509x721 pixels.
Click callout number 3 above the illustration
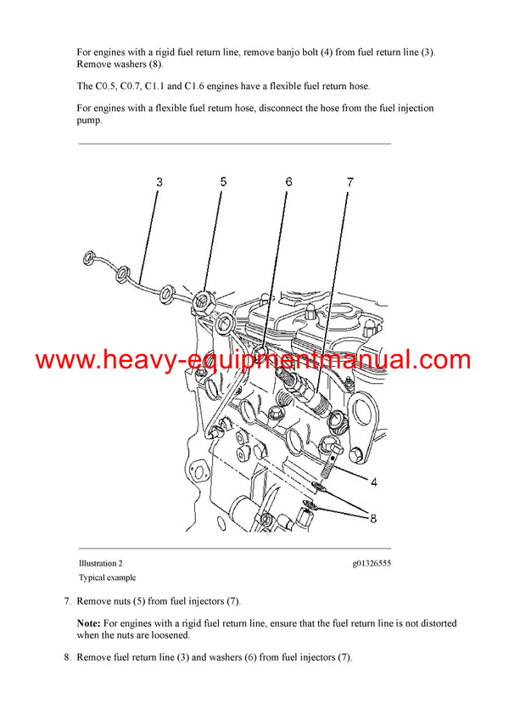pyautogui.click(x=159, y=182)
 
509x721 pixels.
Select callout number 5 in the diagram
pyautogui.click(x=224, y=182)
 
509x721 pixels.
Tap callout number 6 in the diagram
pyautogui.click(x=288, y=182)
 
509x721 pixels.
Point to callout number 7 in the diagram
pyautogui.click(x=349, y=182)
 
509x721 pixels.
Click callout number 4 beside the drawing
pyautogui.click(x=373, y=482)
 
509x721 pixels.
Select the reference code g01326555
pyautogui.click(x=372, y=563)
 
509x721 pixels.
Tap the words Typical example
pyautogui.click(x=107, y=577)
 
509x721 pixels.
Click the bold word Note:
pyautogui.click(x=90, y=623)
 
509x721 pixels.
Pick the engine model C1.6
pyautogui.click(x=197, y=87)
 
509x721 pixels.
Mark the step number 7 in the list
pyautogui.click(x=67, y=601)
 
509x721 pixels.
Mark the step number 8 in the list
pyautogui.click(x=67, y=656)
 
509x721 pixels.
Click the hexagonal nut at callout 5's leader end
pyautogui.click(x=203, y=300)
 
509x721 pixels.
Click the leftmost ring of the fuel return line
pyautogui.click(x=88, y=259)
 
